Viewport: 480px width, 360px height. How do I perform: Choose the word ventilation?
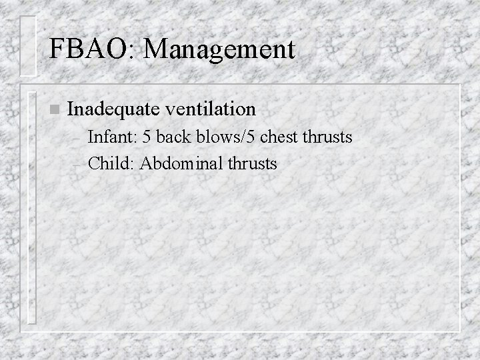(213, 108)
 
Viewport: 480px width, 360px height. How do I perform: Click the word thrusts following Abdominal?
(253, 162)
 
